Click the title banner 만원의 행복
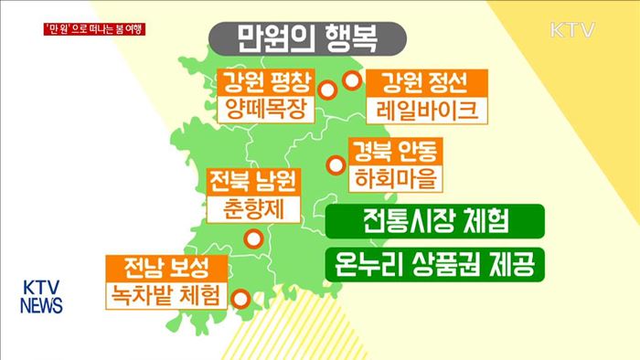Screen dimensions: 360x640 point(306,38)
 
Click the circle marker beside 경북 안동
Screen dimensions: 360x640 point(336,165)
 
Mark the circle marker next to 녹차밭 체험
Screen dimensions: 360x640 point(240,298)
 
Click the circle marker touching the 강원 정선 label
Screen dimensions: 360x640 point(351,82)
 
